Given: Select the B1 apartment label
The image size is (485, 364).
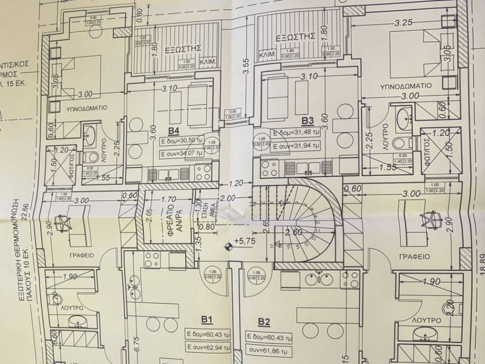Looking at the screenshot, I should point(206,320).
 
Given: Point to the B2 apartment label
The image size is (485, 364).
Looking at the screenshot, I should point(264,323).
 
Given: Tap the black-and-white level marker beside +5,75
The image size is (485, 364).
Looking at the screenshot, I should point(229,246).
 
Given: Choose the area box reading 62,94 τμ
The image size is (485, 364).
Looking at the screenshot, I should point(208,347).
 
